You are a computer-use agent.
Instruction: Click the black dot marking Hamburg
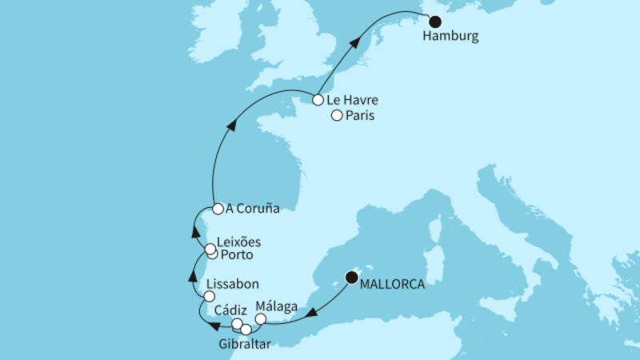[434, 22]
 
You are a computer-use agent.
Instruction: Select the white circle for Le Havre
[318, 101]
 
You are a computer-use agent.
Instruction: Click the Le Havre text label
[352, 101]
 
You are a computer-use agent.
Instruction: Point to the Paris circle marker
[337, 116]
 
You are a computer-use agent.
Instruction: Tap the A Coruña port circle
[217, 210]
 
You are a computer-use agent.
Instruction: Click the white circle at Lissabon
[209, 296]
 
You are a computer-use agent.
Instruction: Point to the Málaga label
[278, 305]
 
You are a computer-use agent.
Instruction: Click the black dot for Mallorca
[351, 278]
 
